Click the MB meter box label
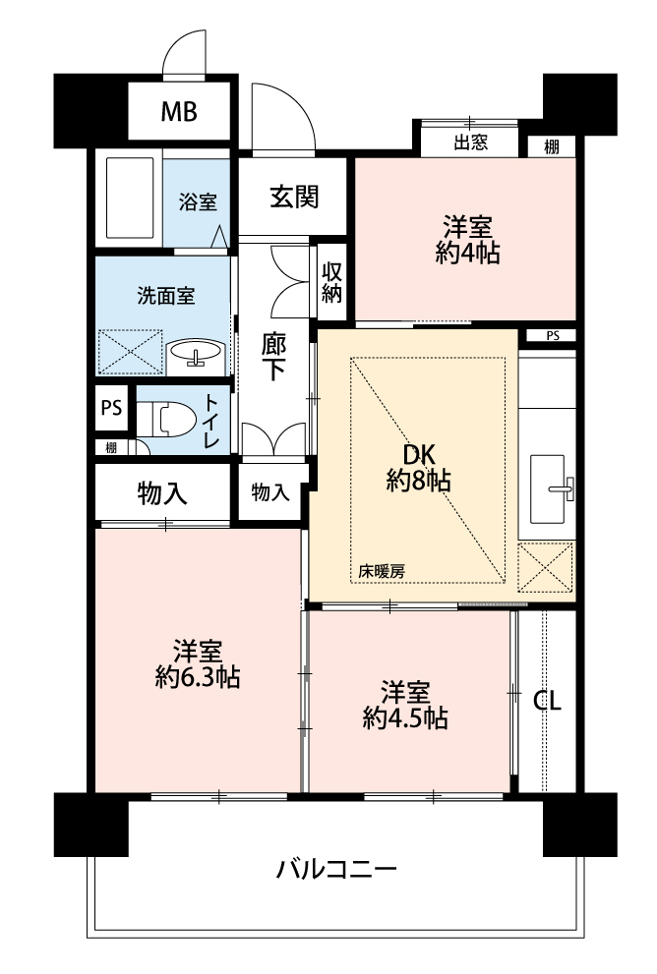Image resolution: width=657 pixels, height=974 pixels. (179, 112)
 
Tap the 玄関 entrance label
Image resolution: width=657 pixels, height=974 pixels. (294, 197)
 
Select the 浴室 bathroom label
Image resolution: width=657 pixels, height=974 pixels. (198, 201)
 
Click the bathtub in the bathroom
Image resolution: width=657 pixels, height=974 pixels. (130, 198)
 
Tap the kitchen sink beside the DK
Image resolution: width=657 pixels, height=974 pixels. (548, 488)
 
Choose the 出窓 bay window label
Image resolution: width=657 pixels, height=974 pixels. (470, 143)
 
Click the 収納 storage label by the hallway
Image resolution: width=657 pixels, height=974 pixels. (331, 282)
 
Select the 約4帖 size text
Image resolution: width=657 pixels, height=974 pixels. (467, 253)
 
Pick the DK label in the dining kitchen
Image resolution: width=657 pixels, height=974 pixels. (419, 455)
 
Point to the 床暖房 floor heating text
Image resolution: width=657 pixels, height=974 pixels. (382, 571)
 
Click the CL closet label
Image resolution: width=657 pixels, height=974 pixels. (547, 701)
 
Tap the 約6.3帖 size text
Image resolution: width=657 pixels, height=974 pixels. (198, 677)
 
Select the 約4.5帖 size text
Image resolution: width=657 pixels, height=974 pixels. (405, 718)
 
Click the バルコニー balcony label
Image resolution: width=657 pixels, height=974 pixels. (336, 868)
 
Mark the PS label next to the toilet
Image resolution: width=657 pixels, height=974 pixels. (111, 408)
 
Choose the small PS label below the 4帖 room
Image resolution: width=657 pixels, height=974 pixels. (553, 336)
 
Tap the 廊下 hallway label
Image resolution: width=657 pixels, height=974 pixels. (272, 357)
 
